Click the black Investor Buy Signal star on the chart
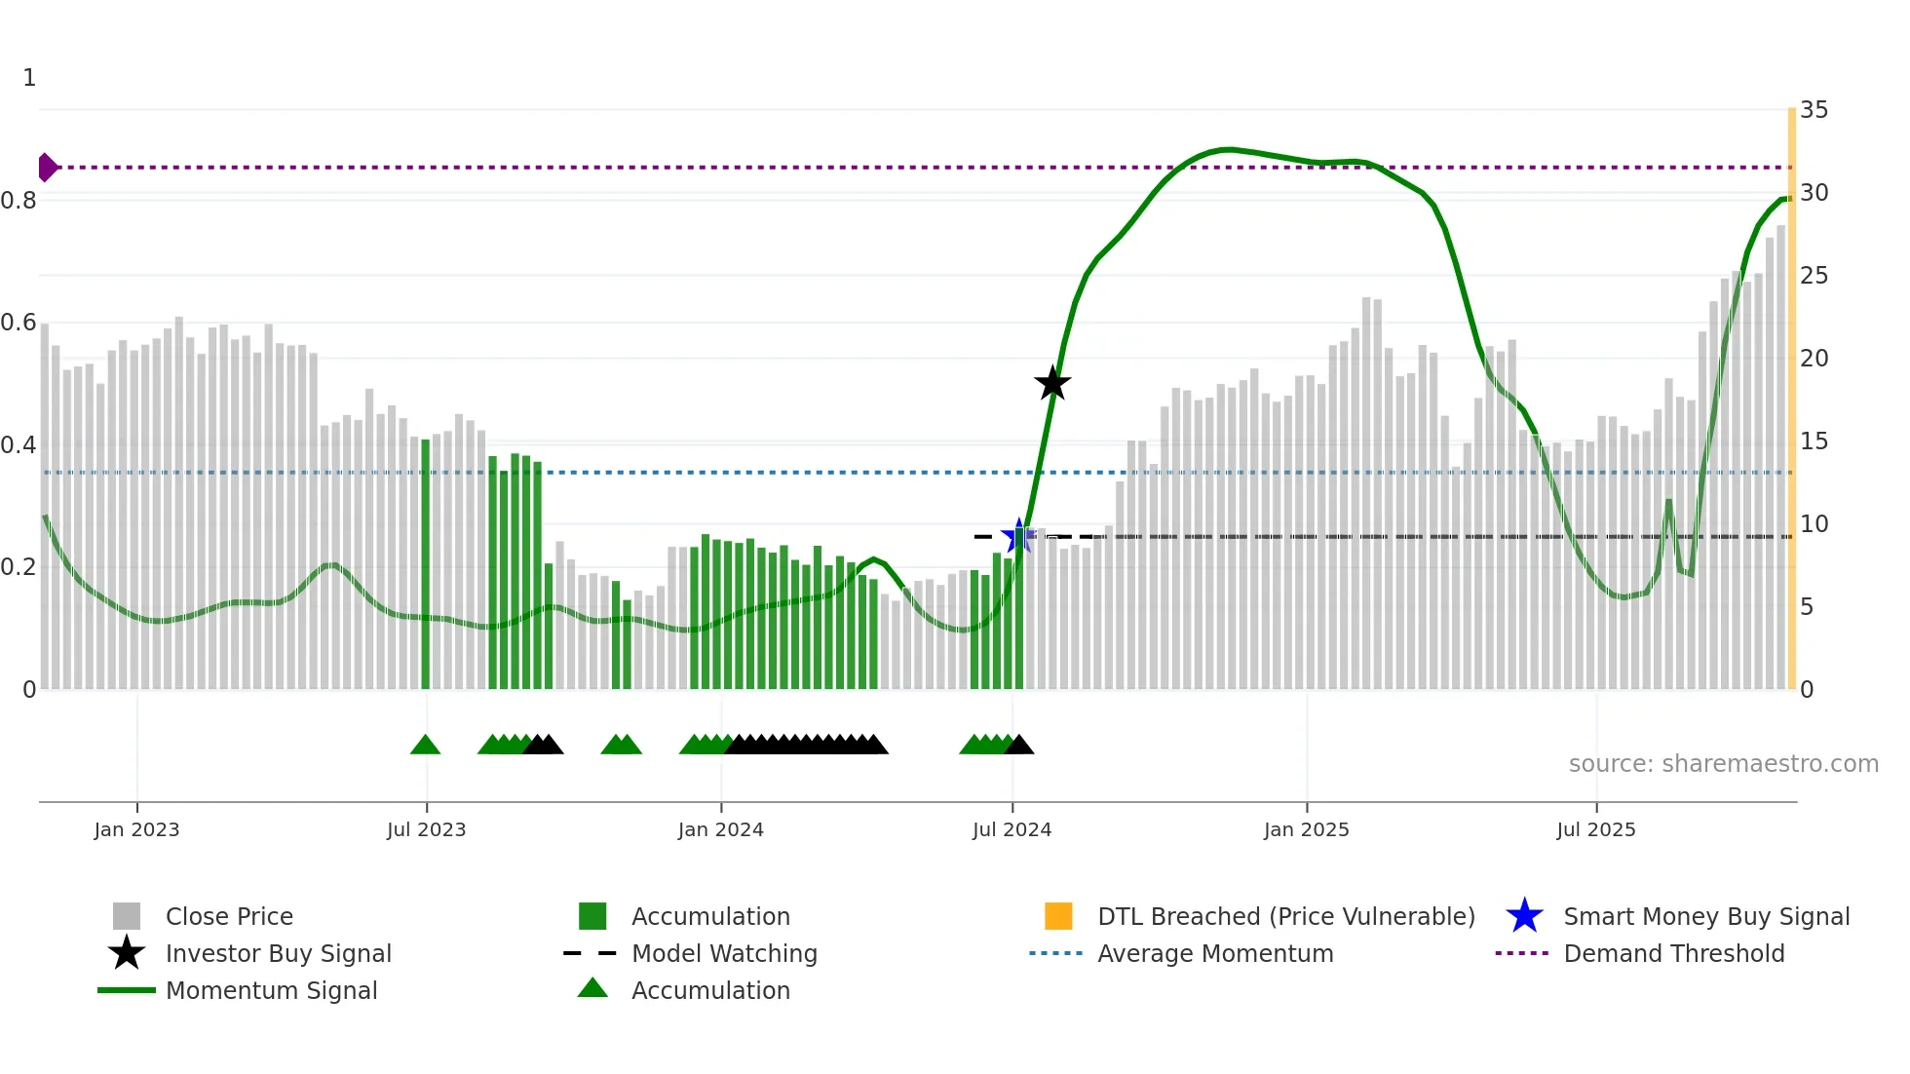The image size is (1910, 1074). coord(1051,383)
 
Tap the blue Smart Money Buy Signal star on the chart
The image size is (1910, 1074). coord(1018,536)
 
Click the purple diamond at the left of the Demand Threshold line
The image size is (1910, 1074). coord(47,168)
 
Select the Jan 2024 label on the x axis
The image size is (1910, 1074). coord(720,829)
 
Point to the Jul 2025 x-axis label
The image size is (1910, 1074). coord(1595,829)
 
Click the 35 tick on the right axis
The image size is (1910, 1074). coord(1814,110)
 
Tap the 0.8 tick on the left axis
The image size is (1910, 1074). coord(19,201)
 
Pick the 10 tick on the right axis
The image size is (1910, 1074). coord(1814,524)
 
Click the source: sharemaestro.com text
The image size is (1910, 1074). coord(1723,763)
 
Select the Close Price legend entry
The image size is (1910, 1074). coord(229,916)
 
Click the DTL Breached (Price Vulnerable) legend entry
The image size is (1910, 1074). coord(1285,916)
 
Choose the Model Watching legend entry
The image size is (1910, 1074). coord(724,953)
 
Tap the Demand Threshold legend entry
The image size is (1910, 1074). coord(1673,953)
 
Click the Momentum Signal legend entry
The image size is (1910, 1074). coord(271,990)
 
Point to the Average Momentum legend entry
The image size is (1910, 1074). coord(1215,953)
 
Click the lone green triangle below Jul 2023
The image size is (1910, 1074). coord(425,746)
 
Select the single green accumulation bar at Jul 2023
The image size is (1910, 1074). coord(425,565)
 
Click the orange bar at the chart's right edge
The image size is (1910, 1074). coord(1791,400)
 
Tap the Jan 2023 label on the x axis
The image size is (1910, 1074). coord(136,829)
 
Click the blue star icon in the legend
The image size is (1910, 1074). coord(1524,916)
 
